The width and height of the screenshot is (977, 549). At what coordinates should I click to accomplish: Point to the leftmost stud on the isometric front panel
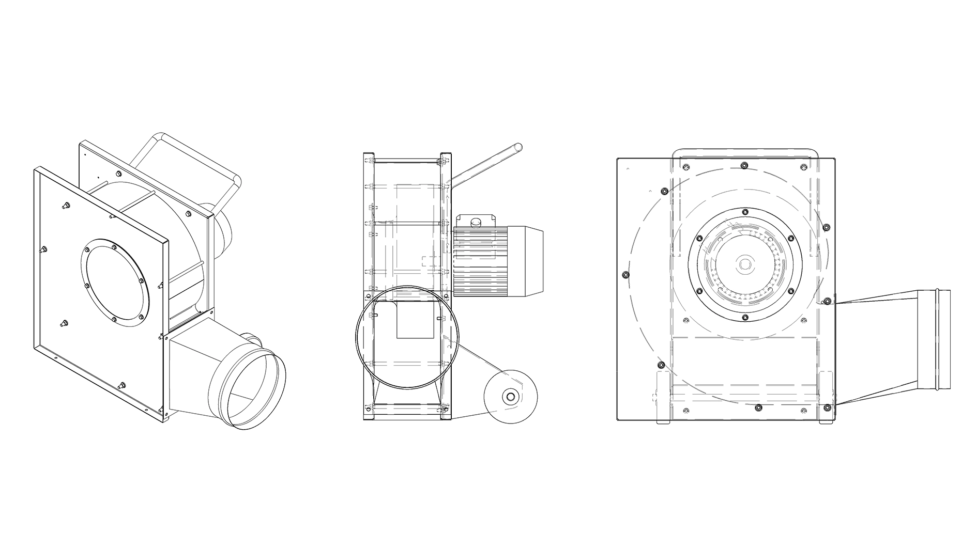click(x=43, y=249)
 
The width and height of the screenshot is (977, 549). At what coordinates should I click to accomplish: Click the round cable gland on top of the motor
click(x=475, y=222)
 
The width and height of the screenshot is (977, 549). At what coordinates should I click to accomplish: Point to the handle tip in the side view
click(x=518, y=148)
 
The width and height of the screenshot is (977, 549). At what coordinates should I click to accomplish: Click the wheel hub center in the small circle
click(x=510, y=397)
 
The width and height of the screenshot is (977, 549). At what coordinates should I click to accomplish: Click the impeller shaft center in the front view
click(x=744, y=264)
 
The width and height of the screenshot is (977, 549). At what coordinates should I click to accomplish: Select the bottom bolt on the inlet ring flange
click(x=744, y=317)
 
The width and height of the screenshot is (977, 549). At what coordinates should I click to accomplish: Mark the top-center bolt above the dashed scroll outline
click(x=744, y=165)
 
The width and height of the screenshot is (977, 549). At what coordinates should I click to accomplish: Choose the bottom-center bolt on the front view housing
click(x=758, y=408)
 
